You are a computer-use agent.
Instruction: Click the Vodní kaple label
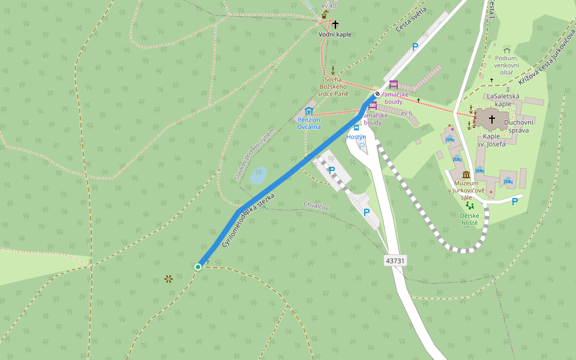335,34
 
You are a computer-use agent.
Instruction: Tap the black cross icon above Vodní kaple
335,25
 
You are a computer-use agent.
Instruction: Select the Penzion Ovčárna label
309,123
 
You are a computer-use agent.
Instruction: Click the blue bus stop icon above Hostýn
356,127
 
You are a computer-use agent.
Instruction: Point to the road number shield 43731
395,260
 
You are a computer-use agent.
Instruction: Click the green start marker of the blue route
198,266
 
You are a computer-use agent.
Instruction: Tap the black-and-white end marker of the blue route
377,94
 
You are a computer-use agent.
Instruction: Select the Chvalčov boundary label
316,205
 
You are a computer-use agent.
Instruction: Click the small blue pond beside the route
258,175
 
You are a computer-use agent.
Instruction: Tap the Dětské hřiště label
469,219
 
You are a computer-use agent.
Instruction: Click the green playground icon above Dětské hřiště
469,206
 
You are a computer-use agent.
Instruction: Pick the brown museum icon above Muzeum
466,175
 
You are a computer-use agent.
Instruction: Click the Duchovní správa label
517,127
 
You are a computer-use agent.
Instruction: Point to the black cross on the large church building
492,119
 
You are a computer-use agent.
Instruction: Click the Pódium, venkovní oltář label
507,65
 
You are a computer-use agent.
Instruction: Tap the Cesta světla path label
411,20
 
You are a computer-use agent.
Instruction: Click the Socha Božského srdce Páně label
333,87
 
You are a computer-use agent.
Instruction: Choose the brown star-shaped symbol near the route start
169,278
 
